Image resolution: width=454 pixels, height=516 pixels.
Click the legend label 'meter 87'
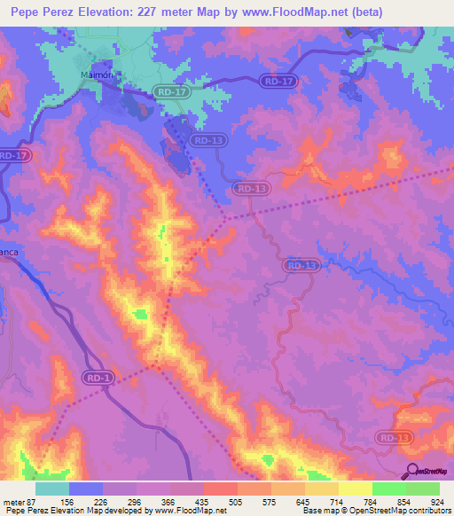pyautogui.click(x=20, y=502)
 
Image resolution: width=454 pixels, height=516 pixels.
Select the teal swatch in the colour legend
pyautogui.click(x=52, y=489)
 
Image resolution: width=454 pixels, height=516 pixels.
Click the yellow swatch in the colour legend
pyautogui.click(x=356, y=489)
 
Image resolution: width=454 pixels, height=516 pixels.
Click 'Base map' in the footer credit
pyautogui.click(x=317, y=511)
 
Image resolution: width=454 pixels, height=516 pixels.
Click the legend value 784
pyautogui.click(x=372, y=502)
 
